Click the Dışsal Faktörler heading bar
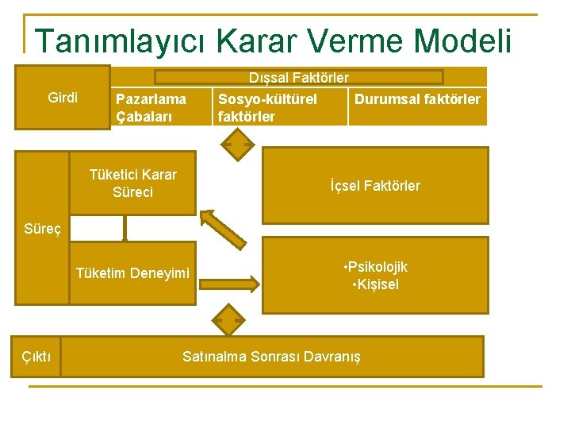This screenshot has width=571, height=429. click(x=298, y=78)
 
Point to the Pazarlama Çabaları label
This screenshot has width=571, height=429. click(x=151, y=108)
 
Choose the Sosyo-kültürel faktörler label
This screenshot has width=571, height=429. click(x=267, y=108)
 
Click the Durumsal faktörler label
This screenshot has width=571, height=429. click(x=417, y=99)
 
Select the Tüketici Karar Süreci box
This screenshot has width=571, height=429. click(x=132, y=184)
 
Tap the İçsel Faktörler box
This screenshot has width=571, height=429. click(x=375, y=186)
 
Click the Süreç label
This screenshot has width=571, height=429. click(x=42, y=229)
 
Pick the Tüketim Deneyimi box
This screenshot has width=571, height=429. click(x=132, y=274)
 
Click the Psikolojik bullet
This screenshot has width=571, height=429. click(x=375, y=267)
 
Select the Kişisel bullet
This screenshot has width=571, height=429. click(x=375, y=284)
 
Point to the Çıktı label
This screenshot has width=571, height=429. click(x=36, y=357)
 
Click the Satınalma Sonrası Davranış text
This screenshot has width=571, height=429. click(x=271, y=357)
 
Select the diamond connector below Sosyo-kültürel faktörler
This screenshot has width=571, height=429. click(x=236, y=145)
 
